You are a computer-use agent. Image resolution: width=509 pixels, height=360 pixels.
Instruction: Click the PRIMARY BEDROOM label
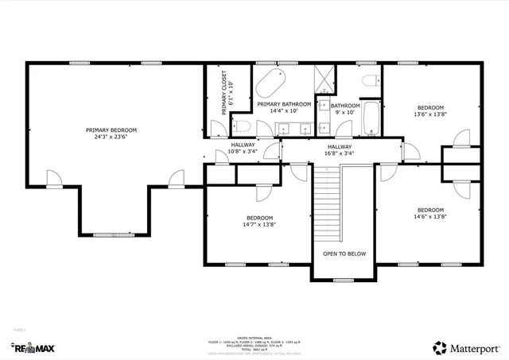[x=111, y=130]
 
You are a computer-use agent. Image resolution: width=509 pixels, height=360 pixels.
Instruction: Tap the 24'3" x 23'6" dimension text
[x=111, y=136]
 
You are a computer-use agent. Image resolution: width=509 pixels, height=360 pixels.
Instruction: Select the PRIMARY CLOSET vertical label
[x=227, y=91]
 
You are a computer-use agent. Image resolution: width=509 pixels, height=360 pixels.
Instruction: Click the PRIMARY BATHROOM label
[x=284, y=104]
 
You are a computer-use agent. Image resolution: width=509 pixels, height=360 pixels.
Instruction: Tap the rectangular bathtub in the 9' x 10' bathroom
[x=372, y=118]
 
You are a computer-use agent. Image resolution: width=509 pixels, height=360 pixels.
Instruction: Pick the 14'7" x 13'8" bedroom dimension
[x=259, y=224]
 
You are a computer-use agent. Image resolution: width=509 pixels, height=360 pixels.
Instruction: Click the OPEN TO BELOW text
[x=344, y=254]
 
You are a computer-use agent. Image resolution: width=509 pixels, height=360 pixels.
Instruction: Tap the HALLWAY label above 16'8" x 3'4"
[x=340, y=146]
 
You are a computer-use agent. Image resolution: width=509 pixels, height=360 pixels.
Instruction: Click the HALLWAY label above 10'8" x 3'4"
[x=243, y=145]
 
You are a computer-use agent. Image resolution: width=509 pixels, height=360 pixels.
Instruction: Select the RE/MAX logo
[x=33, y=347]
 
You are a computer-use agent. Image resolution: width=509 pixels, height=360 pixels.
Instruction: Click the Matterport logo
[x=466, y=347]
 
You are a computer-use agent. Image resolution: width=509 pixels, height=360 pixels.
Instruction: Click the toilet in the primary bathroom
[x=243, y=127]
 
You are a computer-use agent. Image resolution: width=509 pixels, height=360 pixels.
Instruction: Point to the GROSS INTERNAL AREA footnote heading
[x=254, y=336]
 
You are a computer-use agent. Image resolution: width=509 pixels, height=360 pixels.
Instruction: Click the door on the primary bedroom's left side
[x=52, y=180]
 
